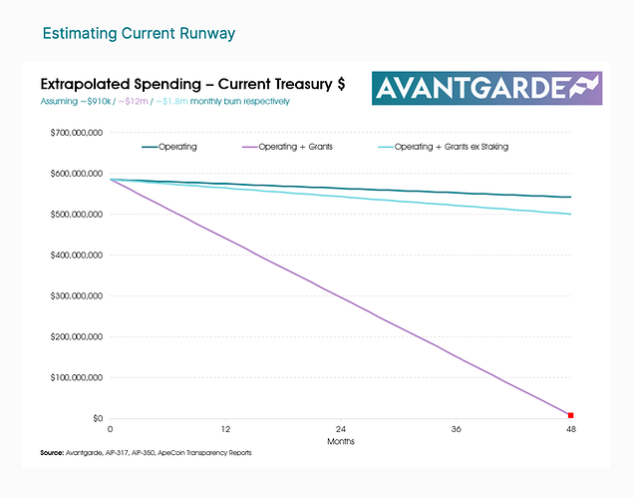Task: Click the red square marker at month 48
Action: [x=571, y=414]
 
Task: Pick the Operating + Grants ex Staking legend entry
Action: [x=451, y=147]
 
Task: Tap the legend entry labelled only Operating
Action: [x=177, y=147]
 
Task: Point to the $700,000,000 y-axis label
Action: [x=75, y=132]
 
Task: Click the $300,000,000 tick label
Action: [x=75, y=295]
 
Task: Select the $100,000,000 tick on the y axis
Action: [x=75, y=377]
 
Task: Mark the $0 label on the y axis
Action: [x=98, y=418]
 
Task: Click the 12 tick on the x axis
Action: [x=225, y=428]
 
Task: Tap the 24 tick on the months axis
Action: [x=340, y=428]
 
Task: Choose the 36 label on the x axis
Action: [x=456, y=428]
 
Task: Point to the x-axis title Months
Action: [x=340, y=440]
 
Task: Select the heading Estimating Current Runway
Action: [x=139, y=34]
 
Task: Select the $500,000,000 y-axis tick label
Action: [x=75, y=214]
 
